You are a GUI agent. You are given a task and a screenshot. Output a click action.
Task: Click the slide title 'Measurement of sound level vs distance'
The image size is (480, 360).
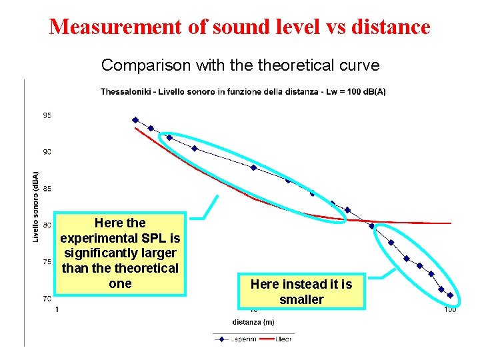[240, 27]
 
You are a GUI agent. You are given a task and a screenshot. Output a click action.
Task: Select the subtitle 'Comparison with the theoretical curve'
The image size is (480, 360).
[240, 65]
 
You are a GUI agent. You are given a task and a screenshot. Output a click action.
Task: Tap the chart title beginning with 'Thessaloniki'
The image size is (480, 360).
[243, 92]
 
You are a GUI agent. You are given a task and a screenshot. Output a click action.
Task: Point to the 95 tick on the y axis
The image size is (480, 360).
[47, 115]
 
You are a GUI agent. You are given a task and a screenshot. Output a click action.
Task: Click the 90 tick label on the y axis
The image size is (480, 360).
[47, 152]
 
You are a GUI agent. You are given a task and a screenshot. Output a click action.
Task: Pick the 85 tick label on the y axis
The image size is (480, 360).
[47, 189]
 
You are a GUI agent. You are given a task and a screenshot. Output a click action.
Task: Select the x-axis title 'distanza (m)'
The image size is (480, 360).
[253, 322]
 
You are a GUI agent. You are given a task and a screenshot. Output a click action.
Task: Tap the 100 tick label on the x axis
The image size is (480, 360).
[450, 309]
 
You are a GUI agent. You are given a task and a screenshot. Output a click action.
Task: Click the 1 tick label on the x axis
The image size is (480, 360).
[57, 309]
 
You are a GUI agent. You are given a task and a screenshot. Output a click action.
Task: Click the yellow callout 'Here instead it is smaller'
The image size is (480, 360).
[301, 291]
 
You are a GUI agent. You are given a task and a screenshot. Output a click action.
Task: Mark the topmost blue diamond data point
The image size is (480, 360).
[135, 120]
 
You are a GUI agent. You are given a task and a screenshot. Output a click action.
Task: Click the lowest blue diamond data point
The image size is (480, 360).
[450, 295]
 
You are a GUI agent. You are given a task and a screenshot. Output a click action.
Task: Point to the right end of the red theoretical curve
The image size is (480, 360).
[451, 223]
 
